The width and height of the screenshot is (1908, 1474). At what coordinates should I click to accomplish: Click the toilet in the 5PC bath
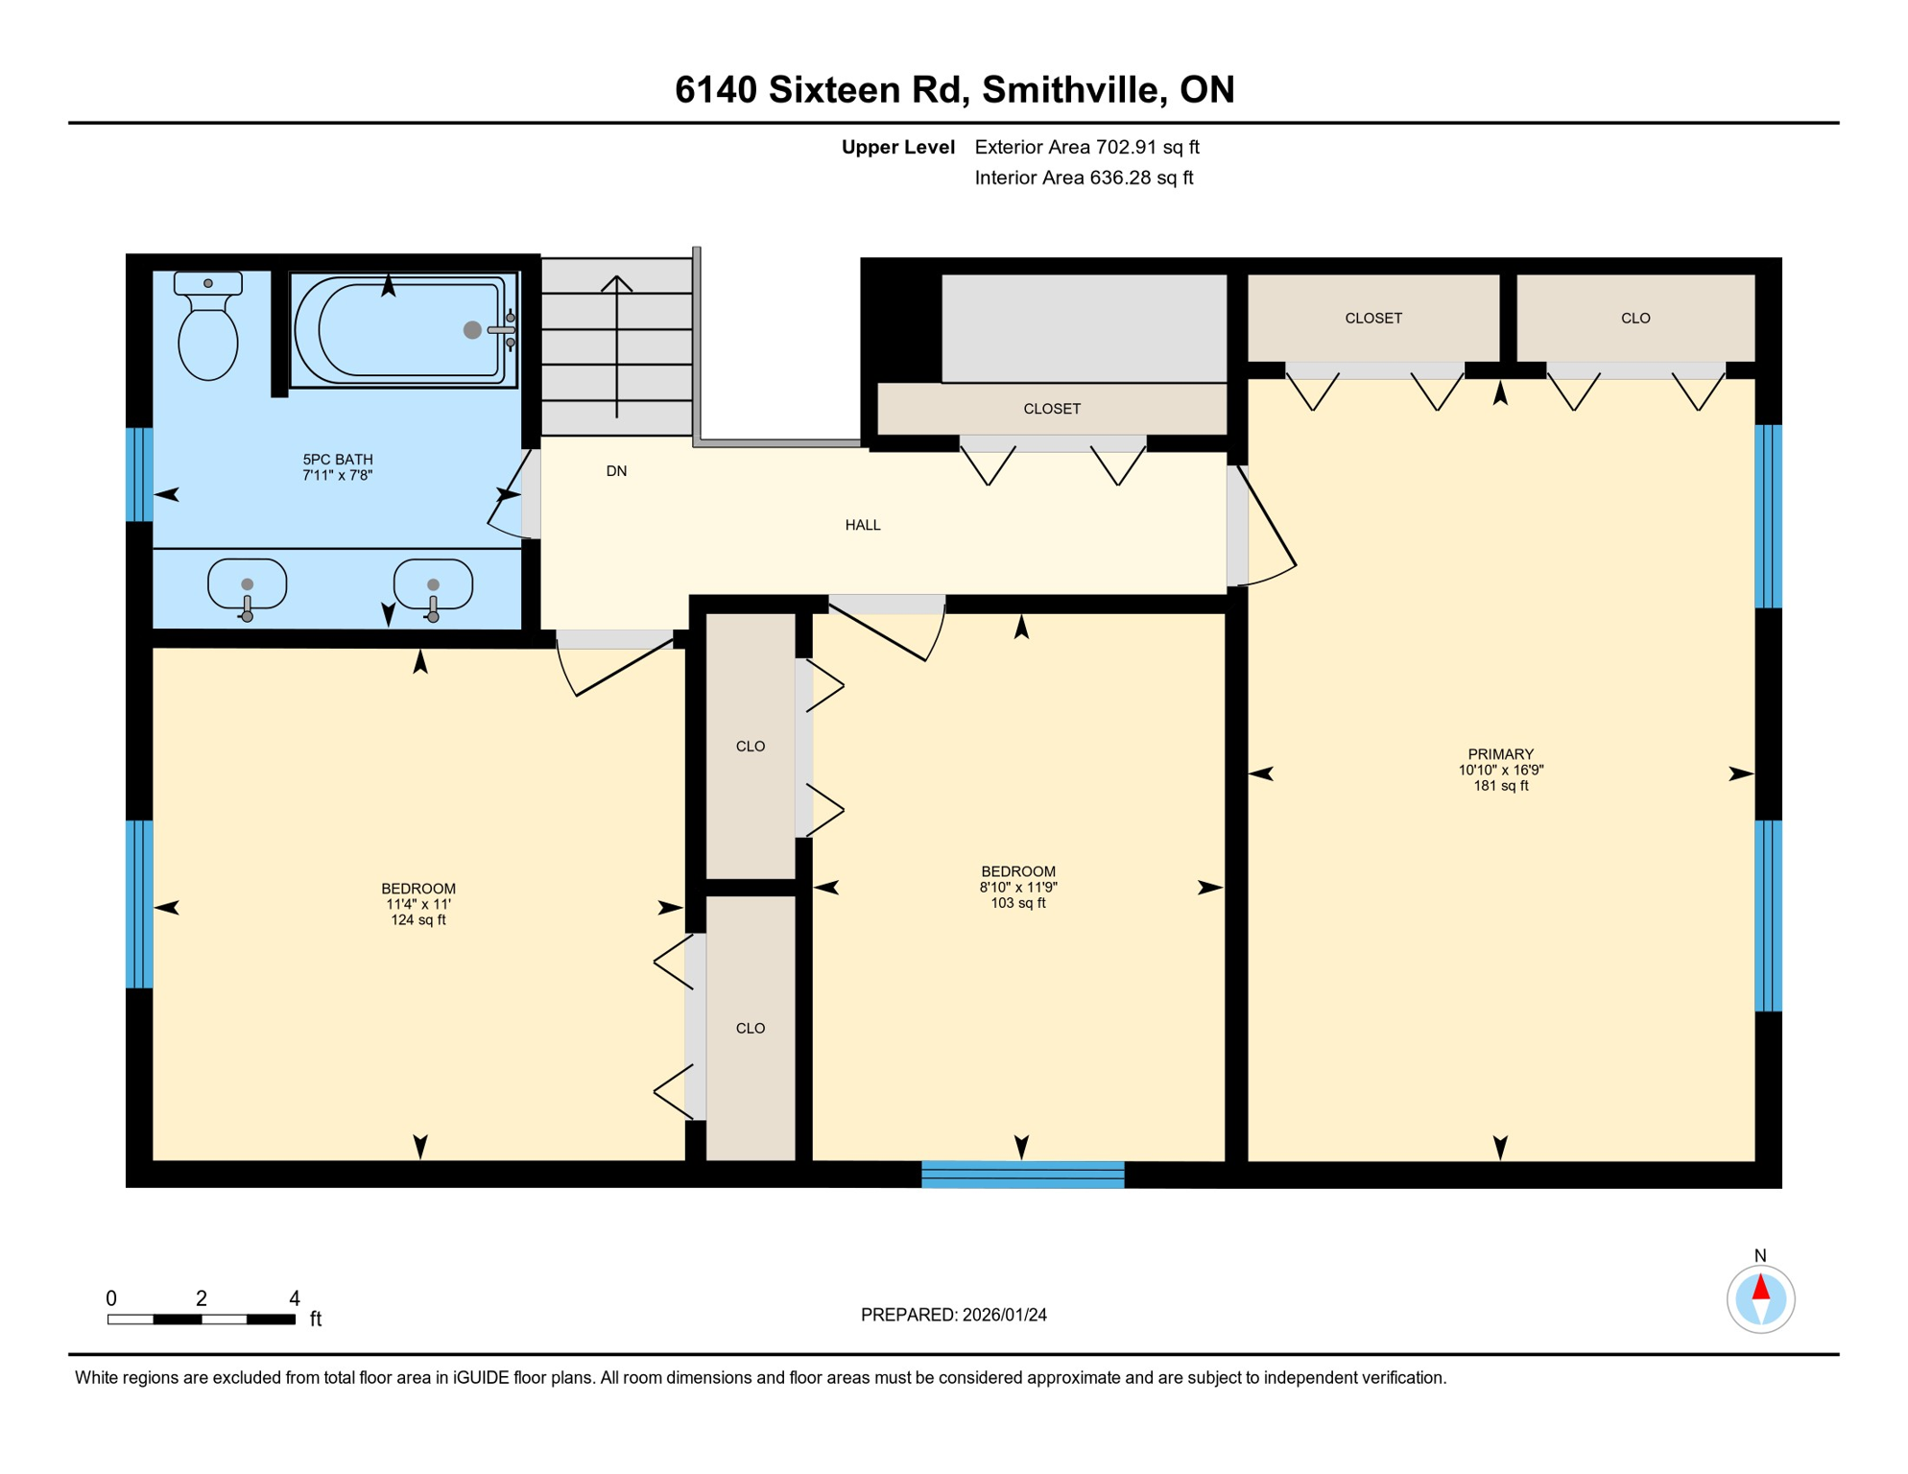click(208, 331)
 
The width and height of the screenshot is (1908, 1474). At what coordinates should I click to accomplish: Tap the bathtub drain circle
click(472, 330)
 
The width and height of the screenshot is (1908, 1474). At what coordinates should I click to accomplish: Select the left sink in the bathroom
click(247, 584)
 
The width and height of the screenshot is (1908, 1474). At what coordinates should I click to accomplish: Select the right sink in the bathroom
click(433, 584)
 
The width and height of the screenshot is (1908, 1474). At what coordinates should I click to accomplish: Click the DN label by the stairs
click(616, 471)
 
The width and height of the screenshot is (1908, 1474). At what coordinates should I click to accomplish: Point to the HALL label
click(862, 525)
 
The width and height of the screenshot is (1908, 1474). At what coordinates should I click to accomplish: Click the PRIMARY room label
click(1500, 754)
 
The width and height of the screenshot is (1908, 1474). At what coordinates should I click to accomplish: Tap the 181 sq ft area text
click(1500, 786)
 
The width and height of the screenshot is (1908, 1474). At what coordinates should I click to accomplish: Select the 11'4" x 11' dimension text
click(417, 904)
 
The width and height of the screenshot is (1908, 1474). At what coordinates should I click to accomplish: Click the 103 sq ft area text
click(1017, 903)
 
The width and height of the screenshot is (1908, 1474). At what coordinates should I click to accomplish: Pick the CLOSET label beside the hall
click(1052, 409)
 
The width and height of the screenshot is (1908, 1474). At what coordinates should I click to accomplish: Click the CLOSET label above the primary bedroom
click(1372, 319)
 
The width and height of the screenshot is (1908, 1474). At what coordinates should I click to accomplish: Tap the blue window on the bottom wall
click(1022, 1175)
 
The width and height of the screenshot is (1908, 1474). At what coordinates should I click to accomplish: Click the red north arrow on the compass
click(1760, 1287)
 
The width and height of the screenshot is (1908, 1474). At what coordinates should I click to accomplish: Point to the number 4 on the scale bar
click(295, 1298)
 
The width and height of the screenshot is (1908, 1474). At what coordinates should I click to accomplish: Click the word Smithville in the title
click(1074, 89)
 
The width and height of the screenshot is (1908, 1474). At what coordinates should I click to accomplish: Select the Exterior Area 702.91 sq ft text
click(1086, 147)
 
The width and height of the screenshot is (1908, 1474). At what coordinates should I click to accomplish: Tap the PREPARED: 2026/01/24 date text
click(953, 1315)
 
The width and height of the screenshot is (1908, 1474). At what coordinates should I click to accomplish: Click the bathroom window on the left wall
click(140, 474)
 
